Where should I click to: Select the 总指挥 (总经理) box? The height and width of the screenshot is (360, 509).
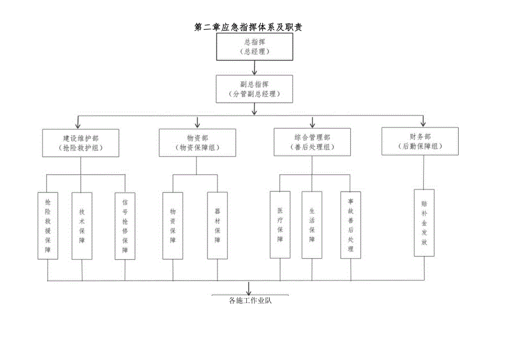pos(254,46)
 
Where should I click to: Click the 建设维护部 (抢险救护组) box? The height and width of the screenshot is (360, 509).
pos(80,143)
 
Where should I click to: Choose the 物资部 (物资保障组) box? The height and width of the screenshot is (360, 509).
pos(198,143)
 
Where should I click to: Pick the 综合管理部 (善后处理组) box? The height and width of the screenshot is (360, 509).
pos(313,141)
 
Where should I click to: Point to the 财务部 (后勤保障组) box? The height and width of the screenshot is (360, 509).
pos(420,140)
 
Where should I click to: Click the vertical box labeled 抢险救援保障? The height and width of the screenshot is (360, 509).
pos(48,226)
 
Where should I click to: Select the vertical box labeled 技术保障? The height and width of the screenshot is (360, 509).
pos(82,226)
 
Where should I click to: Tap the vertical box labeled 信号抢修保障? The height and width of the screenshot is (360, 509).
pos(125,226)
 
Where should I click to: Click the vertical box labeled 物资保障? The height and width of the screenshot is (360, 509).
pos(173,226)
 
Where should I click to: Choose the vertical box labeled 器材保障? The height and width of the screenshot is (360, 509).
pos(217,226)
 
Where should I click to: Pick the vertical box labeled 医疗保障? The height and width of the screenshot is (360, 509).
pos(280,225)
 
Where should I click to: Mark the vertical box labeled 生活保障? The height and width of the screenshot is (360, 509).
pos(312,225)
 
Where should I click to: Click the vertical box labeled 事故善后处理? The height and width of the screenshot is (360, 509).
pos(350,225)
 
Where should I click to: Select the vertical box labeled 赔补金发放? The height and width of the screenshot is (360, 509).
pos(424,222)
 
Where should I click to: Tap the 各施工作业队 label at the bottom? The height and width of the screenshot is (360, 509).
pos(250,301)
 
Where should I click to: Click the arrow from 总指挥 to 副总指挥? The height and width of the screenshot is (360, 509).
pos(254,67)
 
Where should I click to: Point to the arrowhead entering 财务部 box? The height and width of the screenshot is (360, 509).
pos(423,123)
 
